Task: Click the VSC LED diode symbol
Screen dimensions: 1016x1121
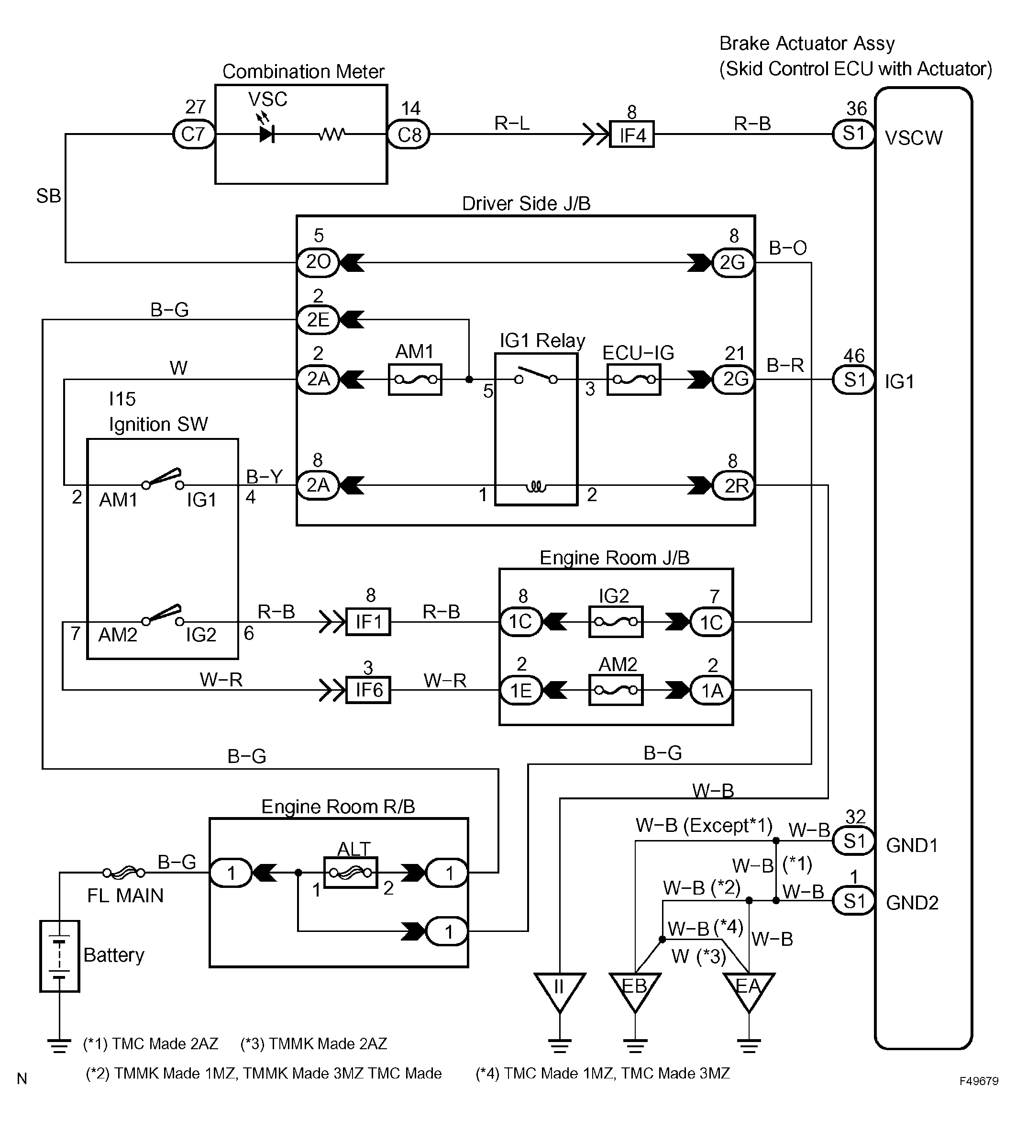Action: (267, 134)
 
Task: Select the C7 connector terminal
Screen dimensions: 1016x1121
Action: (193, 134)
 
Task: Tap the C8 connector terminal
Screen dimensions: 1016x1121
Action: (409, 134)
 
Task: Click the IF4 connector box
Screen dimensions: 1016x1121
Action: (632, 134)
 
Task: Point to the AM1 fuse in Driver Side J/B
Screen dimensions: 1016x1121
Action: (415, 380)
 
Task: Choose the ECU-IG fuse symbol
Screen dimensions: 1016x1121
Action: (634, 380)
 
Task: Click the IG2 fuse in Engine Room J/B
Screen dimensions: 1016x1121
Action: (616, 622)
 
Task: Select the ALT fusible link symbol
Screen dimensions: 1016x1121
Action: (351, 873)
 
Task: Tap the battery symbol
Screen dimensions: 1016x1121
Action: (59, 956)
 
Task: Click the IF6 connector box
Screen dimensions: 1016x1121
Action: (368, 690)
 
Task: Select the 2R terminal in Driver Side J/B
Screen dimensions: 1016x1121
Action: (733, 485)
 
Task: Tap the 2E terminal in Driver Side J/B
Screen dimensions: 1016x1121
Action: (318, 320)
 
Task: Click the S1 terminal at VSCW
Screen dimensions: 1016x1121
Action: (854, 134)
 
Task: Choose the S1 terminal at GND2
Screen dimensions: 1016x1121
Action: (854, 900)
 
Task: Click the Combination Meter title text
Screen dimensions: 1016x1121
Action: (303, 71)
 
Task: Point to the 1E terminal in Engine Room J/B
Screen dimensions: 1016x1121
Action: (521, 690)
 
